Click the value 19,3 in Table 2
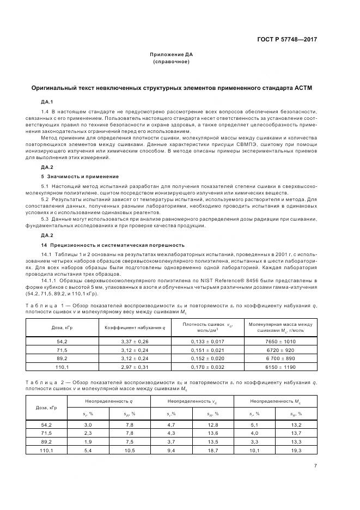(296, 451)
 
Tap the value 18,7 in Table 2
(213, 451)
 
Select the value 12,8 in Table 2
(213, 424)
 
